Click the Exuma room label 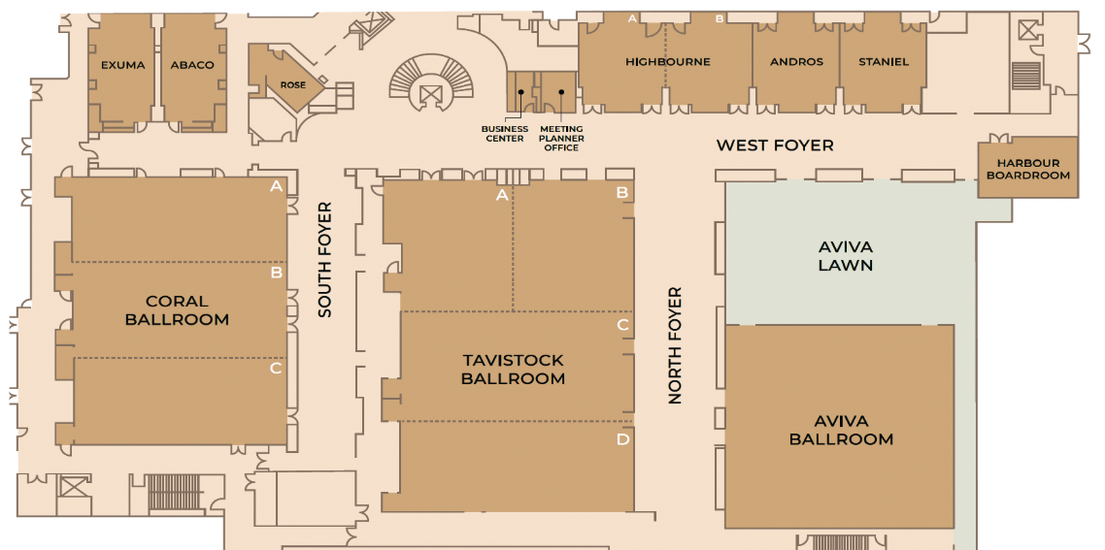click(122, 66)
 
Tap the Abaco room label click(191, 66)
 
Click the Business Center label click(505, 134)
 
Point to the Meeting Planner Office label click(561, 138)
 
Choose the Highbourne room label click(667, 62)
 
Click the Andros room click(795, 62)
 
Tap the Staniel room click(883, 62)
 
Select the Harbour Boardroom click(1027, 169)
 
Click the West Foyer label click(775, 146)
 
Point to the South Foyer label click(325, 260)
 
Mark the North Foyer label click(675, 345)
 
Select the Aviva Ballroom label click(841, 431)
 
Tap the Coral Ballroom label click(177, 309)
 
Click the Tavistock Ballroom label click(513, 369)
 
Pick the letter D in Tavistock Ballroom click(622, 440)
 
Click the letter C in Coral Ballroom click(276, 368)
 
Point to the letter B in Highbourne click(720, 19)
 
